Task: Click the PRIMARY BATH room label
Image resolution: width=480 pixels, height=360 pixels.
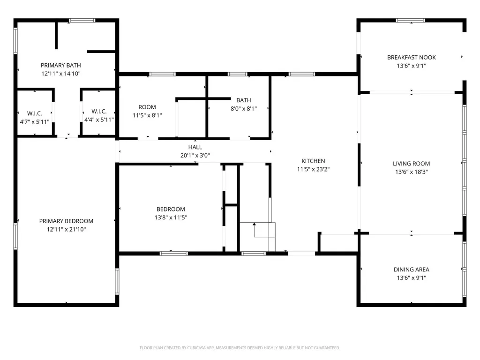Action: (60, 65)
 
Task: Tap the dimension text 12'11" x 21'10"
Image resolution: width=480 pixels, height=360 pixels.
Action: (66, 229)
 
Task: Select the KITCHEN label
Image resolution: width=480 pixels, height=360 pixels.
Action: (313, 161)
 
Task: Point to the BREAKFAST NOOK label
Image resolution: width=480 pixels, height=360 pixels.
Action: (412, 57)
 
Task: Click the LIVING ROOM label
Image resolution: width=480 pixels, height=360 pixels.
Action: (412, 164)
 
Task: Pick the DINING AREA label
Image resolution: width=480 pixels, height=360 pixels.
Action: (412, 270)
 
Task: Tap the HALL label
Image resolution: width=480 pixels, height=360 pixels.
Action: (195, 147)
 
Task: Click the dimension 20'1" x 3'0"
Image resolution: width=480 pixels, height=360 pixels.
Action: (195, 156)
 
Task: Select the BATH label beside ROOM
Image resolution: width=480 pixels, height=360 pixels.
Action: (244, 100)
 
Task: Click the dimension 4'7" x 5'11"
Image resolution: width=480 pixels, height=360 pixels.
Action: (35, 122)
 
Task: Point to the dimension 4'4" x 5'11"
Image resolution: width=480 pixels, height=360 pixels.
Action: (99, 120)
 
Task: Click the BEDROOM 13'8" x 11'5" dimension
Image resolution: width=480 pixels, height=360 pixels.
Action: (171, 217)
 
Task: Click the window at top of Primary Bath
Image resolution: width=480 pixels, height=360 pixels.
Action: (82, 21)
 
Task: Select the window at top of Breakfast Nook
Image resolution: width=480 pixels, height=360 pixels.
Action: (410, 21)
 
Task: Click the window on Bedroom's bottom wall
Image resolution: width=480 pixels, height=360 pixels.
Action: (173, 254)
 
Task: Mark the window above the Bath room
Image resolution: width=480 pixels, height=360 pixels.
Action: (238, 74)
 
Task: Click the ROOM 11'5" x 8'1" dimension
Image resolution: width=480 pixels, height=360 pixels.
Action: (147, 115)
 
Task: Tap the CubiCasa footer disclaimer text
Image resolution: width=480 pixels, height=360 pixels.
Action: (240, 348)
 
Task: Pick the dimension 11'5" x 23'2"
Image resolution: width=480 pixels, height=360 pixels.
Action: (313, 169)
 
